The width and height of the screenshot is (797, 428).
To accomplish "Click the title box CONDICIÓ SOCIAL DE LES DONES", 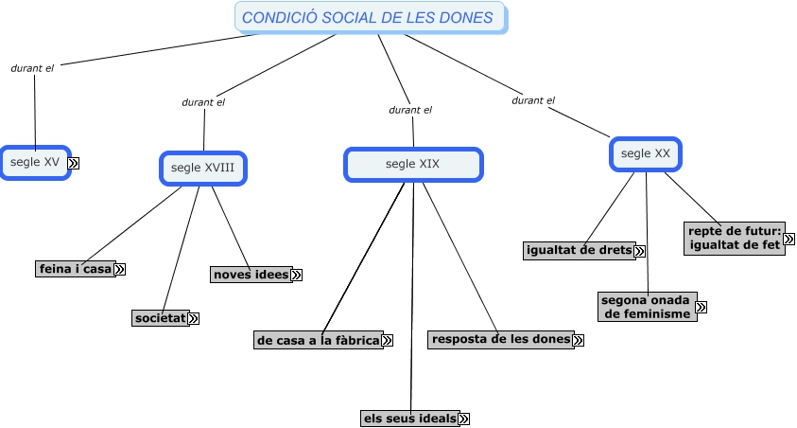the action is click(x=368, y=18).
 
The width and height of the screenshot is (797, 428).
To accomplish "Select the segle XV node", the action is click(x=35, y=162).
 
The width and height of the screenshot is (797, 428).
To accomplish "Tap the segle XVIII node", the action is click(x=202, y=168).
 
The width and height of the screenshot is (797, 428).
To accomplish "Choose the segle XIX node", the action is click(x=412, y=164).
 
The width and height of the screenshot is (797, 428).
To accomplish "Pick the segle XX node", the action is click(x=646, y=153).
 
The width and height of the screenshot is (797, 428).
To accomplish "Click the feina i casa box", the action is click(x=75, y=269).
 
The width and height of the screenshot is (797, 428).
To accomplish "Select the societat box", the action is click(x=161, y=318).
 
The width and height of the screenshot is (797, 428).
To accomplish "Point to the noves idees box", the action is click(x=251, y=275).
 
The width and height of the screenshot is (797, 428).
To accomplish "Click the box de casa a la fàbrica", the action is click(x=318, y=339).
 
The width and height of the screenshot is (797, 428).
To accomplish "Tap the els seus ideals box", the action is click(x=409, y=418).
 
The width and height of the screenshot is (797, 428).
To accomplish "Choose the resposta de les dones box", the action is click(x=500, y=339).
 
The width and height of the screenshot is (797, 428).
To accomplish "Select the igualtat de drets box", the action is click(x=579, y=250).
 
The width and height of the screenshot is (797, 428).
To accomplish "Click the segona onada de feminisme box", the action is click(x=648, y=307).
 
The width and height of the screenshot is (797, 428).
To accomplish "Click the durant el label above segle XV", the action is click(x=32, y=68).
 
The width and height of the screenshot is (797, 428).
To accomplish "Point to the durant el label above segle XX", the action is click(x=533, y=99).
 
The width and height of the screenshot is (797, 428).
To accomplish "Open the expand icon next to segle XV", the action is click(x=74, y=163).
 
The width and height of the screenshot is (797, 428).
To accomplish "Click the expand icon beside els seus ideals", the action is click(x=463, y=419).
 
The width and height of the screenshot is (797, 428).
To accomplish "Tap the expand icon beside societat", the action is click(x=194, y=319).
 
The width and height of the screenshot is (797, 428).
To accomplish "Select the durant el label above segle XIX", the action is click(x=410, y=110).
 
